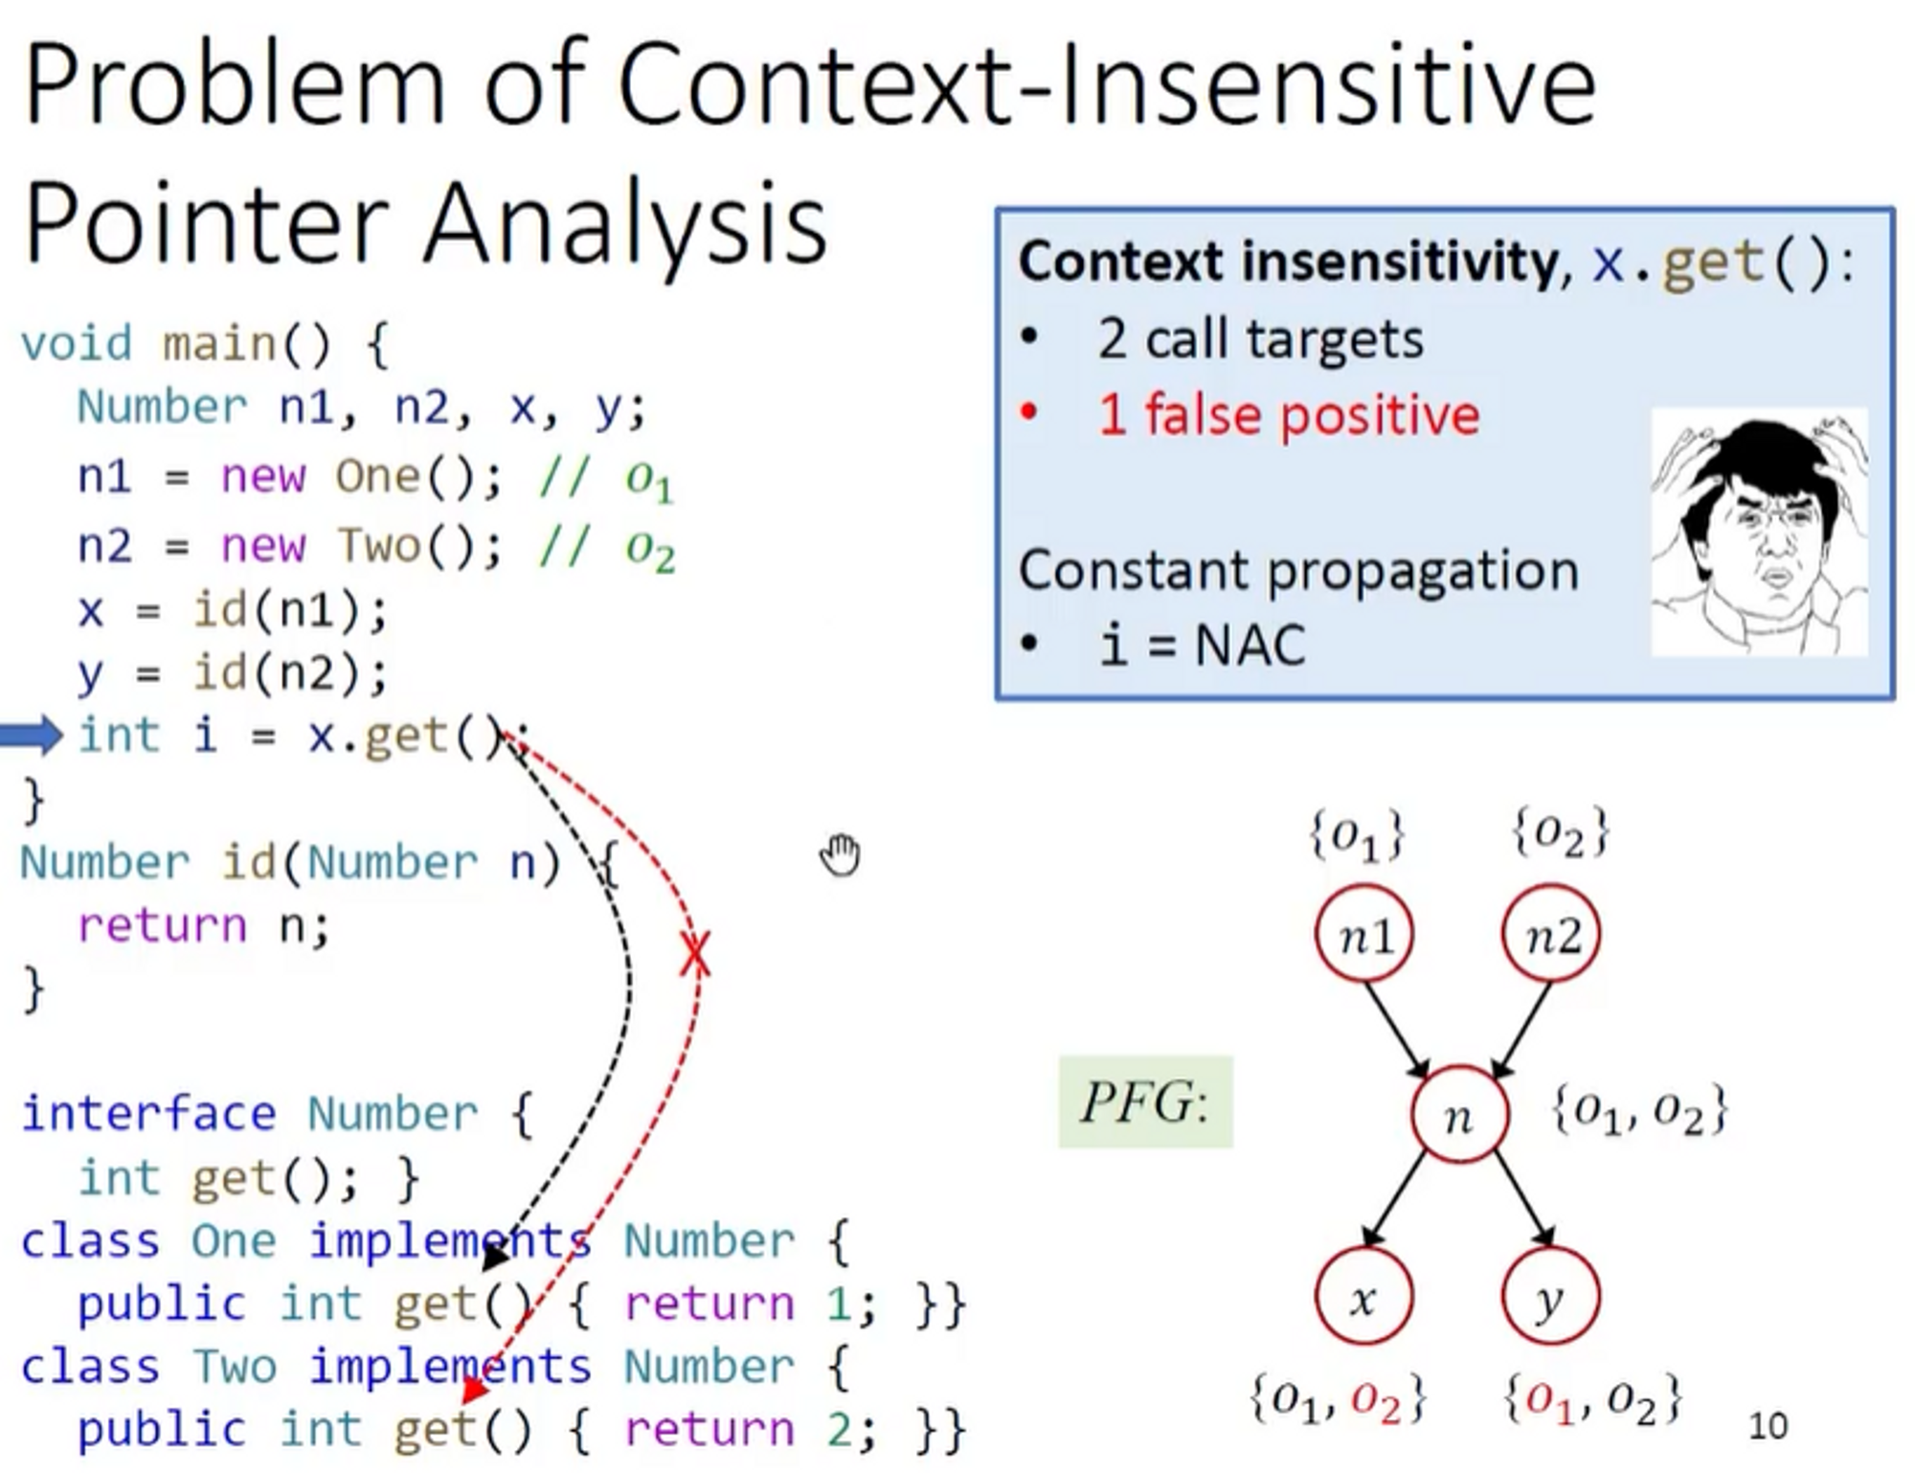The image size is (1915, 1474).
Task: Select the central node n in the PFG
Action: pos(1458,1115)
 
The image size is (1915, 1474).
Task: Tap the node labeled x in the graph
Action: pos(1363,1298)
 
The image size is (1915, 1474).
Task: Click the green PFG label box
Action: pos(1145,1102)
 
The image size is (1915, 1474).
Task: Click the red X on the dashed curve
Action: pos(696,954)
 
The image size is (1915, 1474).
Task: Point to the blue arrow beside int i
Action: pos(31,736)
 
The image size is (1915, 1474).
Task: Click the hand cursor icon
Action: pos(841,854)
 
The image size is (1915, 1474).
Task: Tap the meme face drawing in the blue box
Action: pos(1758,533)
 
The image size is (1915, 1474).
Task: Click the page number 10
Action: pos(1768,1426)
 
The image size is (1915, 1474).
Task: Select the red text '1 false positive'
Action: pos(1288,416)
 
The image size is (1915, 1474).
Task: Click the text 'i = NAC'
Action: pos(1203,645)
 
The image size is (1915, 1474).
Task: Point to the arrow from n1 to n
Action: pos(1396,1027)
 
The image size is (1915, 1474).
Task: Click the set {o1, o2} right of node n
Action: pos(1638,1111)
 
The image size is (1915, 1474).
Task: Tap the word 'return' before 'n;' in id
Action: pos(162,926)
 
